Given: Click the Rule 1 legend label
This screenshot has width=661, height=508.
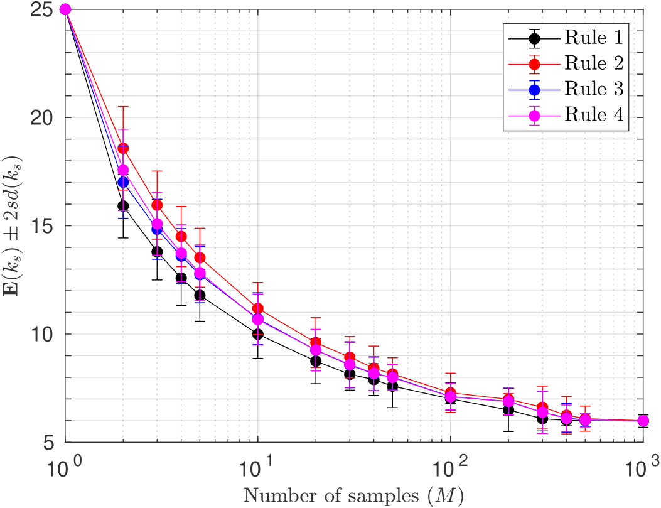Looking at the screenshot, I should tap(593, 37).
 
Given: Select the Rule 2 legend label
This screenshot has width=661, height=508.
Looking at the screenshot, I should tap(593, 63).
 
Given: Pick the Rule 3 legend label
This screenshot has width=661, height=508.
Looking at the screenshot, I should tap(593, 89).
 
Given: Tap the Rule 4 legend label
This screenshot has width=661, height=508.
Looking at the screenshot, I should tap(593, 115).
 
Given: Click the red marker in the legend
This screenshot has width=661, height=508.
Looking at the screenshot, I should tap(534, 63).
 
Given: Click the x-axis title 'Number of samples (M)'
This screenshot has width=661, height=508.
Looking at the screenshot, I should tap(353, 496).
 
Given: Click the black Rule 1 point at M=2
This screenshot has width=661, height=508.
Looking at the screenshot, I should tap(123, 205).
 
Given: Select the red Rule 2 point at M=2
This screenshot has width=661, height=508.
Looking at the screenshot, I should tap(123, 148).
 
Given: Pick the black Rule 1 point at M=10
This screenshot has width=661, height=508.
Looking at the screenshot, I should tap(257, 334).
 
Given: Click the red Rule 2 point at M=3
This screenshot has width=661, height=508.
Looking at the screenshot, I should tap(157, 205).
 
